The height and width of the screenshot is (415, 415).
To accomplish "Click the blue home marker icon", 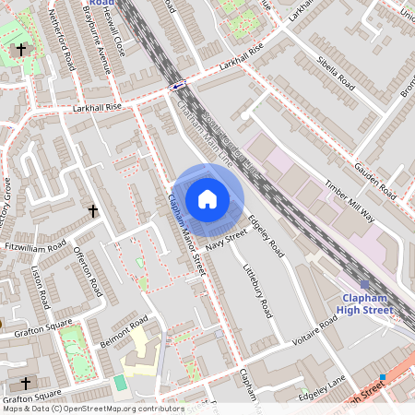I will (207, 199).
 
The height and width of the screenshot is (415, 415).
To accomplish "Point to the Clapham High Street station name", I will (368, 304).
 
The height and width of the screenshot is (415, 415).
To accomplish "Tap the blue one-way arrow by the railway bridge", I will (177, 85).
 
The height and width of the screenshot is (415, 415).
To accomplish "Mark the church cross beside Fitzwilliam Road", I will (92, 211).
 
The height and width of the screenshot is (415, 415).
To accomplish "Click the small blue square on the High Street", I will (382, 376).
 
